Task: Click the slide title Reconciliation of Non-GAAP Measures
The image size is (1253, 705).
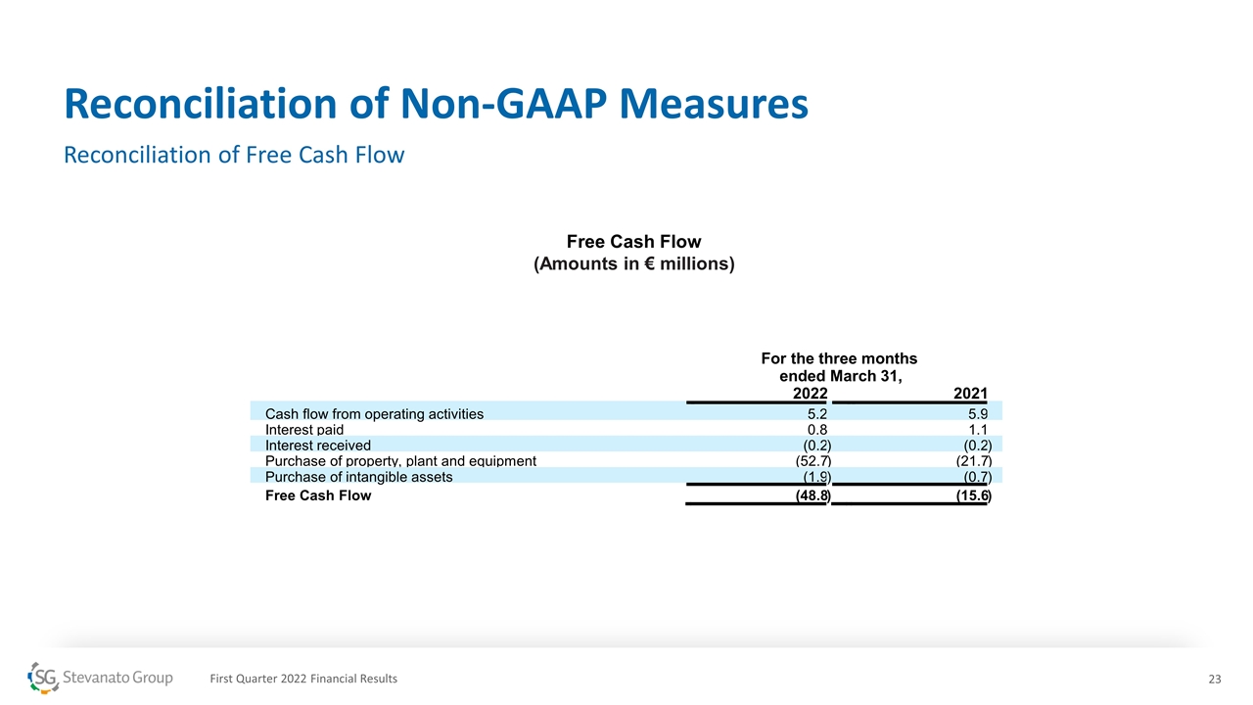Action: pos(436,104)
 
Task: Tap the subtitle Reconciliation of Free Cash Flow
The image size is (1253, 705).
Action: pos(234,155)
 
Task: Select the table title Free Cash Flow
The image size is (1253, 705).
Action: pos(633,242)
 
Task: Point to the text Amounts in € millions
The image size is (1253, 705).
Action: pos(633,264)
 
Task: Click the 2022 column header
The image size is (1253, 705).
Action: pos(810,394)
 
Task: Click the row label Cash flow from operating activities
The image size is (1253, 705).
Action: pos(374,414)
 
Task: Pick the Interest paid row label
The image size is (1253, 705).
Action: pos(304,430)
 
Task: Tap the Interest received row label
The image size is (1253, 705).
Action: pos(318,446)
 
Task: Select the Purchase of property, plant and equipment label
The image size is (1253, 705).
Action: pos(400,461)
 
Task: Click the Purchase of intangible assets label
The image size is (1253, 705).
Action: pos(358,477)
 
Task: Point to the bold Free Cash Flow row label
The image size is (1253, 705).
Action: pos(318,495)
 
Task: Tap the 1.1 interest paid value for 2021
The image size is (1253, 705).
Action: pos(977,430)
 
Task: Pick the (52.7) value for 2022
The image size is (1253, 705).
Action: pos(812,461)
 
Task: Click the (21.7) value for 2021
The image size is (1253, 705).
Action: pos(973,461)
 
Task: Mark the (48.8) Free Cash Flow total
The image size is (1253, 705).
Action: pos(812,496)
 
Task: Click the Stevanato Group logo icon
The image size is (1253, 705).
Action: pos(44,678)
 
